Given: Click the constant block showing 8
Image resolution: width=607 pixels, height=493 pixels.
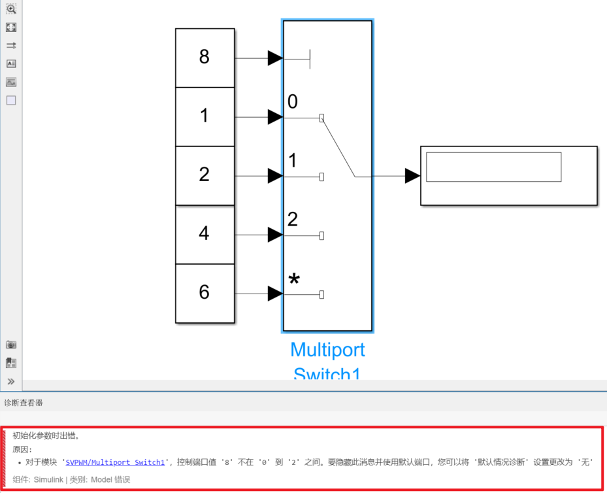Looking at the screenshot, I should [x=205, y=58].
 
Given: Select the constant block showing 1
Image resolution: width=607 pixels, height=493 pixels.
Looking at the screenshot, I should [x=205, y=116].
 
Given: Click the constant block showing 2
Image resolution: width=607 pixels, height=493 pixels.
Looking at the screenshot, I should [x=205, y=175].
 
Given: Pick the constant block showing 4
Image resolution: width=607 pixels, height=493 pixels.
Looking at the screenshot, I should [x=205, y=233].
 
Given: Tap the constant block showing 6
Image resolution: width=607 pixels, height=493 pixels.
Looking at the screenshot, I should [x=205, y=292].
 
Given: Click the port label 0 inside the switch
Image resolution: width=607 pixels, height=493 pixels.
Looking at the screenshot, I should [x=293, y=101].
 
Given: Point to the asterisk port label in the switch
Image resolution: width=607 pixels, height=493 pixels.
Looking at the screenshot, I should [x=294, y=280].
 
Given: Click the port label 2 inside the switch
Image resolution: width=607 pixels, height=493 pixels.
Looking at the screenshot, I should [x=293, y=219].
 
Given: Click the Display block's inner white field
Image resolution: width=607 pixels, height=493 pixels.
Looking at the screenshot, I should [x=493, y=167].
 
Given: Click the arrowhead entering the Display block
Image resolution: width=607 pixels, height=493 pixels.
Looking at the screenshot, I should [x=412, y=176].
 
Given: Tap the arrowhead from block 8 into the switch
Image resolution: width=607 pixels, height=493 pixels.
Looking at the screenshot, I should [x=275, y=58].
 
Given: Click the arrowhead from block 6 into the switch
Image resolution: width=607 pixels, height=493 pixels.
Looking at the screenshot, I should [x=275, y=294].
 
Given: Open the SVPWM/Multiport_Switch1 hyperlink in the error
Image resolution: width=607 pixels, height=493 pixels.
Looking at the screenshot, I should [x=115, y=462].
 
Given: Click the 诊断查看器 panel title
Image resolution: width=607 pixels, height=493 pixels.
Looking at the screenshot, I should [x=24, y=403].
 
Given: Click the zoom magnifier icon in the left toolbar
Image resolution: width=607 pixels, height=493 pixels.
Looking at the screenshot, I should [x=11, y=9].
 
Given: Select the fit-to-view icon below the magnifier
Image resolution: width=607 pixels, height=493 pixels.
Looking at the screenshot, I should [x=11, y=27].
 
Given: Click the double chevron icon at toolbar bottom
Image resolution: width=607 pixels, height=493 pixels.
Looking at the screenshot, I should [x=11, y=381].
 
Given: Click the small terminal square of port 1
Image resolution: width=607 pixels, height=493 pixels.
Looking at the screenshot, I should [x=321, y=177].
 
